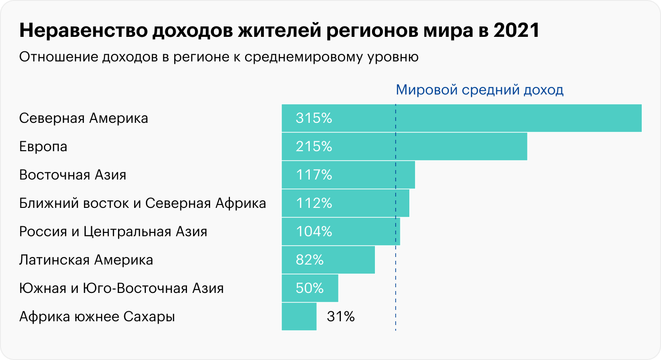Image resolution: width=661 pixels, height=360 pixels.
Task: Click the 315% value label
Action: click(x=314, y=118)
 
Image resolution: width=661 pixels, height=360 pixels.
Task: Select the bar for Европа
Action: click(x=425, y=146)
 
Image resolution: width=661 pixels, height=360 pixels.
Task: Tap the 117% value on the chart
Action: click(x=314, y=175)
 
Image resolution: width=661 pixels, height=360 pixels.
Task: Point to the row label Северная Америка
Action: click(x=84, y=118)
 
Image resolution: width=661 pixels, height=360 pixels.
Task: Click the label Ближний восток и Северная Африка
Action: click(x=143, y=203)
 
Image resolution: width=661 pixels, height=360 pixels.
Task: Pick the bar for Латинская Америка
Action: click(x=349, y=260)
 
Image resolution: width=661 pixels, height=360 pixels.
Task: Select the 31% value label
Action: click(x=340, y=317)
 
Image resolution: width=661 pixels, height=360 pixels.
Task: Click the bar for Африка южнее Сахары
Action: click(x=299, y=317)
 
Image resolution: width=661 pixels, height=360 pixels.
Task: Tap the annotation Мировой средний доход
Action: click(x=479, y=90)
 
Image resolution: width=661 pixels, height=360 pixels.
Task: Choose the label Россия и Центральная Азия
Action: click(x=113, y=232)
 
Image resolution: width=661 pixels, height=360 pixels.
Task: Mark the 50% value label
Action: click(x=310, y=288)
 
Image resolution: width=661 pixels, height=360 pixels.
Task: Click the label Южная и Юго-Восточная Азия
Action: click(x=121, y=288)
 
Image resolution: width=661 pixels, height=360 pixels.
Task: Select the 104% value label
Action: click(x=314, y=231)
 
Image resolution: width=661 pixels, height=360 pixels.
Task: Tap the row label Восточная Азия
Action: click(x=73, y=175)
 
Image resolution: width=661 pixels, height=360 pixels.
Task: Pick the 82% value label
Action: click(x=310, y=260)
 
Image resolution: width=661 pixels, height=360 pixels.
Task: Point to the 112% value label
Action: click(x=314, y=203)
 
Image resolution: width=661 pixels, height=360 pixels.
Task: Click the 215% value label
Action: click(x=314, y=146)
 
